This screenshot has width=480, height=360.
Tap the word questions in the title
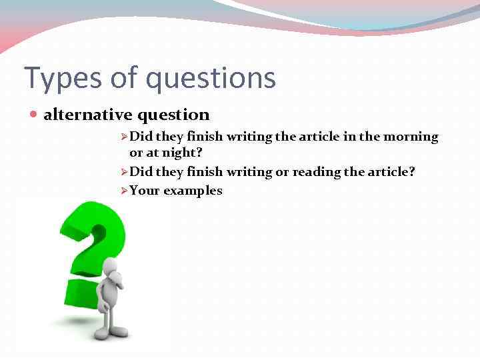coord(211,78)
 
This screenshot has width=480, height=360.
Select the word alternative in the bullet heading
coord(88,115)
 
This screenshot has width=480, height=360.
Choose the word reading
coord(315,172)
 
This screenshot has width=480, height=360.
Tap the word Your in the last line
coord(144,191)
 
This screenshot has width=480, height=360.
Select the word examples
coord(193,191)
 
